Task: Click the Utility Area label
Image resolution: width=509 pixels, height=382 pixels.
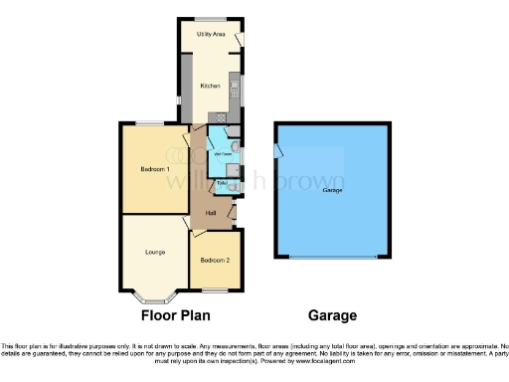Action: [x=210, y=34]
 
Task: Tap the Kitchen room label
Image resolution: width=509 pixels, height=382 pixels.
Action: [x=210, y=86]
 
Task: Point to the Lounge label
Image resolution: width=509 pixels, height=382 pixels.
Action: [x=155, y=252]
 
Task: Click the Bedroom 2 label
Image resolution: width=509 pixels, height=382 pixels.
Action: [x=215, y=260]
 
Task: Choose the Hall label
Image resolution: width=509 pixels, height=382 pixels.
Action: [x=211, y=213]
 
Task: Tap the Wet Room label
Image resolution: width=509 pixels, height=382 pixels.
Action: [x=223, y=153]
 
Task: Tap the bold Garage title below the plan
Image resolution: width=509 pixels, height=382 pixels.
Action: [x=332, y=316]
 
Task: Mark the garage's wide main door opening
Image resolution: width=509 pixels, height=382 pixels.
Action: [x=333, y=258]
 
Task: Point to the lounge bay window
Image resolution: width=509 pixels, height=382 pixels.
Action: [x=153, y=296]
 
